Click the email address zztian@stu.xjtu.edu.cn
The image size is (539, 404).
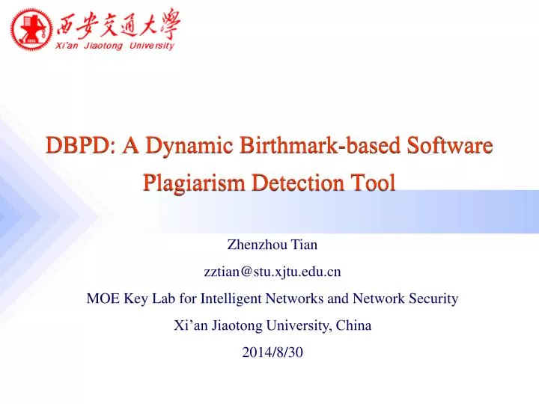click(272, 271)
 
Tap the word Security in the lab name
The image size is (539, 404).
click(433, 299)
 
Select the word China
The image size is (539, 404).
click(354, 326)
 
